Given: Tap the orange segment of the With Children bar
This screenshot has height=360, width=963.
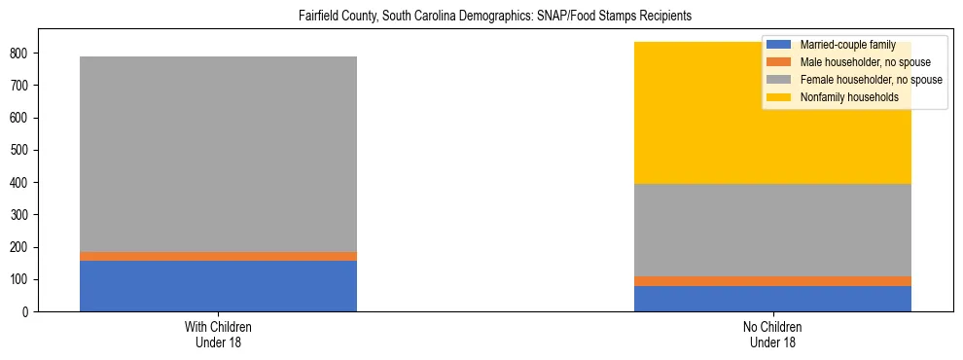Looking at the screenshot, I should click(218, 256).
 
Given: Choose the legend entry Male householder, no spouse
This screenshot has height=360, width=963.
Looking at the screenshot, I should click(864, 62).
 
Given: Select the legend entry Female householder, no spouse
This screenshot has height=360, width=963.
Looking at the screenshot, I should click(870, 80).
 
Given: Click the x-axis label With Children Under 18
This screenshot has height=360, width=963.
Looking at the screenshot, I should click(218, 335).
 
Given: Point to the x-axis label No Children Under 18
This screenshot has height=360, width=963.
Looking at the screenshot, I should click(772, 335).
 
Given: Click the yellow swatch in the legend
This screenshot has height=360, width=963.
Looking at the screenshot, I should click(779, 97).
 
